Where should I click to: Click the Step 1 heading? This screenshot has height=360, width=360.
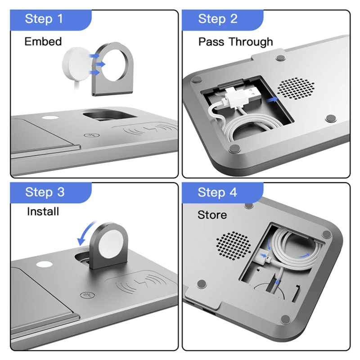click(44, 19)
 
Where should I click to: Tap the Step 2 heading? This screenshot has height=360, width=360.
click(218, 19)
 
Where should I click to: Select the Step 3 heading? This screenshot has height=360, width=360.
click(45, 192)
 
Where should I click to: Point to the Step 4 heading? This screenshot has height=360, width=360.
click(217, 192)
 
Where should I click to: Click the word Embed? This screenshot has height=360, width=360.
click(43, 41)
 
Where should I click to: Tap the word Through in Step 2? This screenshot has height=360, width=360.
click(251, 42)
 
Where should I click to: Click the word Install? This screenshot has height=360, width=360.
click(43, 211)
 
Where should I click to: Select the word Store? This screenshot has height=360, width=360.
click(212, 215)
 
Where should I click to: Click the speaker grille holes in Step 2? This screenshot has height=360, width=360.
click(296, 88)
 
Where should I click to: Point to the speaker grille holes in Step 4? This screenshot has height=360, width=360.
click(234, 245)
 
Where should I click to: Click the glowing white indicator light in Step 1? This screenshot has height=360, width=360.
click(50, 118)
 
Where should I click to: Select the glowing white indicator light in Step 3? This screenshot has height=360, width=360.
click(44, 264)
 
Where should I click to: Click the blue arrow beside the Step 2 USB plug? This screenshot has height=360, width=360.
click(272, 99)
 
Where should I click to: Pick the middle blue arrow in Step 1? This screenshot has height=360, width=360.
click(100, 64)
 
